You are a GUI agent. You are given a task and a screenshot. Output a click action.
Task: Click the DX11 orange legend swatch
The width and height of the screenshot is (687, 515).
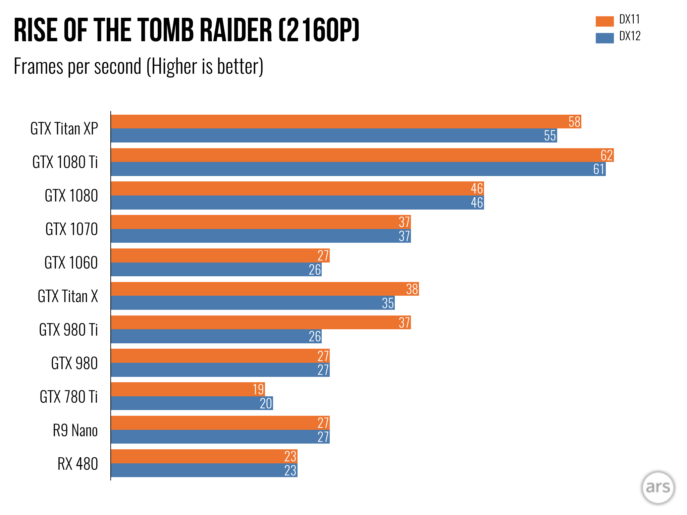tap(604, 21)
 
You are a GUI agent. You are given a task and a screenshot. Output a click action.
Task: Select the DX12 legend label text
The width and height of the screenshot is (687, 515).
tap(630, 36)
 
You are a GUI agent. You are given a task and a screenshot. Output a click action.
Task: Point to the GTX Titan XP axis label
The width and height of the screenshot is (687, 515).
tap(64, 129)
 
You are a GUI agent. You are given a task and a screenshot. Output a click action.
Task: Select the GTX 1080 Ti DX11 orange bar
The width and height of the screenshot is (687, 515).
tap(335, 155)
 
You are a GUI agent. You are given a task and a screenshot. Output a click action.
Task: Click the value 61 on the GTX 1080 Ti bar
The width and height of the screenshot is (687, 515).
tap(599, 169)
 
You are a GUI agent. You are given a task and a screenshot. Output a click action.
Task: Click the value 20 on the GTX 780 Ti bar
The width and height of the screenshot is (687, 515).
tap(266, 403)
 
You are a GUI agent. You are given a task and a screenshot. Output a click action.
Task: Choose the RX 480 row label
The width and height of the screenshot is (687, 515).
tap(77, 464)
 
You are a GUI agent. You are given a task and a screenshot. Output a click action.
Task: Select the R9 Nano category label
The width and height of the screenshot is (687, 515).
tap(75, 431)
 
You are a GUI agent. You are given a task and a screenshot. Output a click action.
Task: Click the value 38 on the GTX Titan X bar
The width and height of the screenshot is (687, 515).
tap(412, 289)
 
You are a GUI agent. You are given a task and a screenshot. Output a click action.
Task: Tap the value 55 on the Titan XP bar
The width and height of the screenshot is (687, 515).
tap(550, 136)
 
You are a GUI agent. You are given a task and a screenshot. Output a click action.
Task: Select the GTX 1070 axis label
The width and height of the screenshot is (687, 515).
tap(71, 229)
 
